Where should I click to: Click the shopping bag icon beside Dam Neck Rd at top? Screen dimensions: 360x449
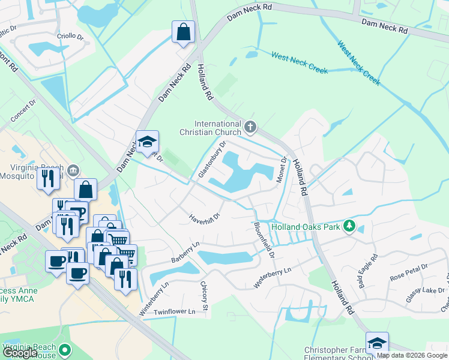183,32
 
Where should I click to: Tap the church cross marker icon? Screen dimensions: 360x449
250,127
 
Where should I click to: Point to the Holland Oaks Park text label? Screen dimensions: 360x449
305,227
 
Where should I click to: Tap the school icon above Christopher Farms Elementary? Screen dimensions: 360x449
377,343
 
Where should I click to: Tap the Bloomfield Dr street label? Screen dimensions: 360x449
264,240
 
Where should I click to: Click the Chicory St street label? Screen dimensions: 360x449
205,296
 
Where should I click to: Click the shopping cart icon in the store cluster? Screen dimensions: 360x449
118,239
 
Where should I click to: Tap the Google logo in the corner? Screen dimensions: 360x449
20,353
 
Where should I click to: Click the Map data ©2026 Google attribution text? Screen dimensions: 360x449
411,355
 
